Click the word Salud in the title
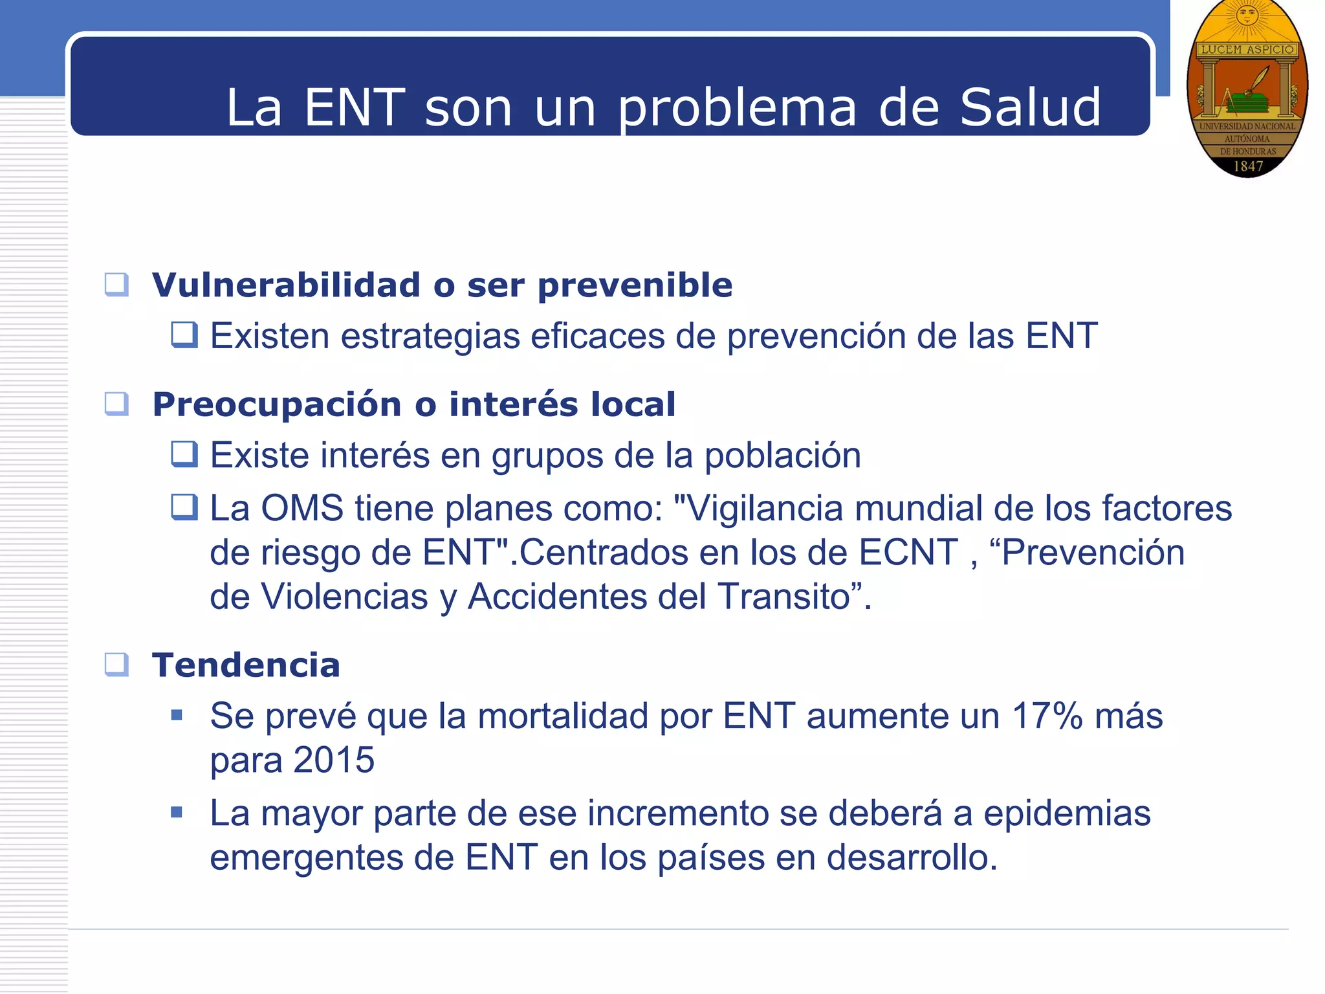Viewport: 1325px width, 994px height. tap(1030, 107)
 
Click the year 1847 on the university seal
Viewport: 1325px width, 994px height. tap(1248, 166)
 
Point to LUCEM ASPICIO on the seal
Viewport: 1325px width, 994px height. tap(1247, 49)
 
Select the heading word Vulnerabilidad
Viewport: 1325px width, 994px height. tap(286, 285)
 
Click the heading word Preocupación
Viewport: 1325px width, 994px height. tap(277, 404)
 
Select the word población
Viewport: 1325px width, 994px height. tap(782, 456)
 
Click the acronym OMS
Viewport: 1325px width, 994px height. tap(302, 508)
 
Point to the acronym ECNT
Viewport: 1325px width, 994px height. tap(908, 553)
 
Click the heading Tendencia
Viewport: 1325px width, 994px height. tap(246, 665)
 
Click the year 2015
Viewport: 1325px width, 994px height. tap(333, 760)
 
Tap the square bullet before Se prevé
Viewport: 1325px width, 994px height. tap(177, 716)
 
